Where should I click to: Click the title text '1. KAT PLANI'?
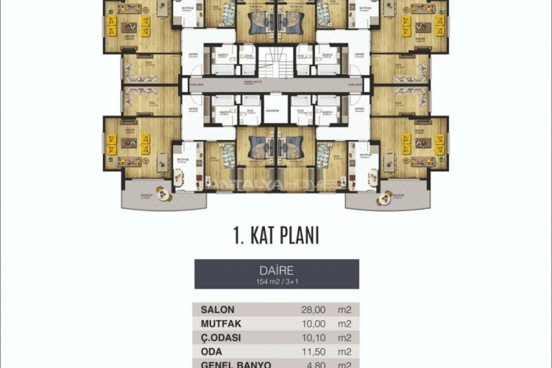coord(276,236)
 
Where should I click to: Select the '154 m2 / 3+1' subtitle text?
coord(276,280)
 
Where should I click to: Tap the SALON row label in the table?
coord(218,311)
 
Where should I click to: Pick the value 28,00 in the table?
coord(308,311)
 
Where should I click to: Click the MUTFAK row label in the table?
coord(222,325)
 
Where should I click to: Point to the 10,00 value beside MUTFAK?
coord(308,325)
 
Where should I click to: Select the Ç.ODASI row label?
coord(222,338)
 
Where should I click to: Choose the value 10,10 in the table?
coord(308,338)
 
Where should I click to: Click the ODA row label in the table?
coord(212,352)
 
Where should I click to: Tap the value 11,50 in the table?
coord(308,352)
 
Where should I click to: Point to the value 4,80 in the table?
coord(309,364)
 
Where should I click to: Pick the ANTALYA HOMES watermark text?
coord(276,182)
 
